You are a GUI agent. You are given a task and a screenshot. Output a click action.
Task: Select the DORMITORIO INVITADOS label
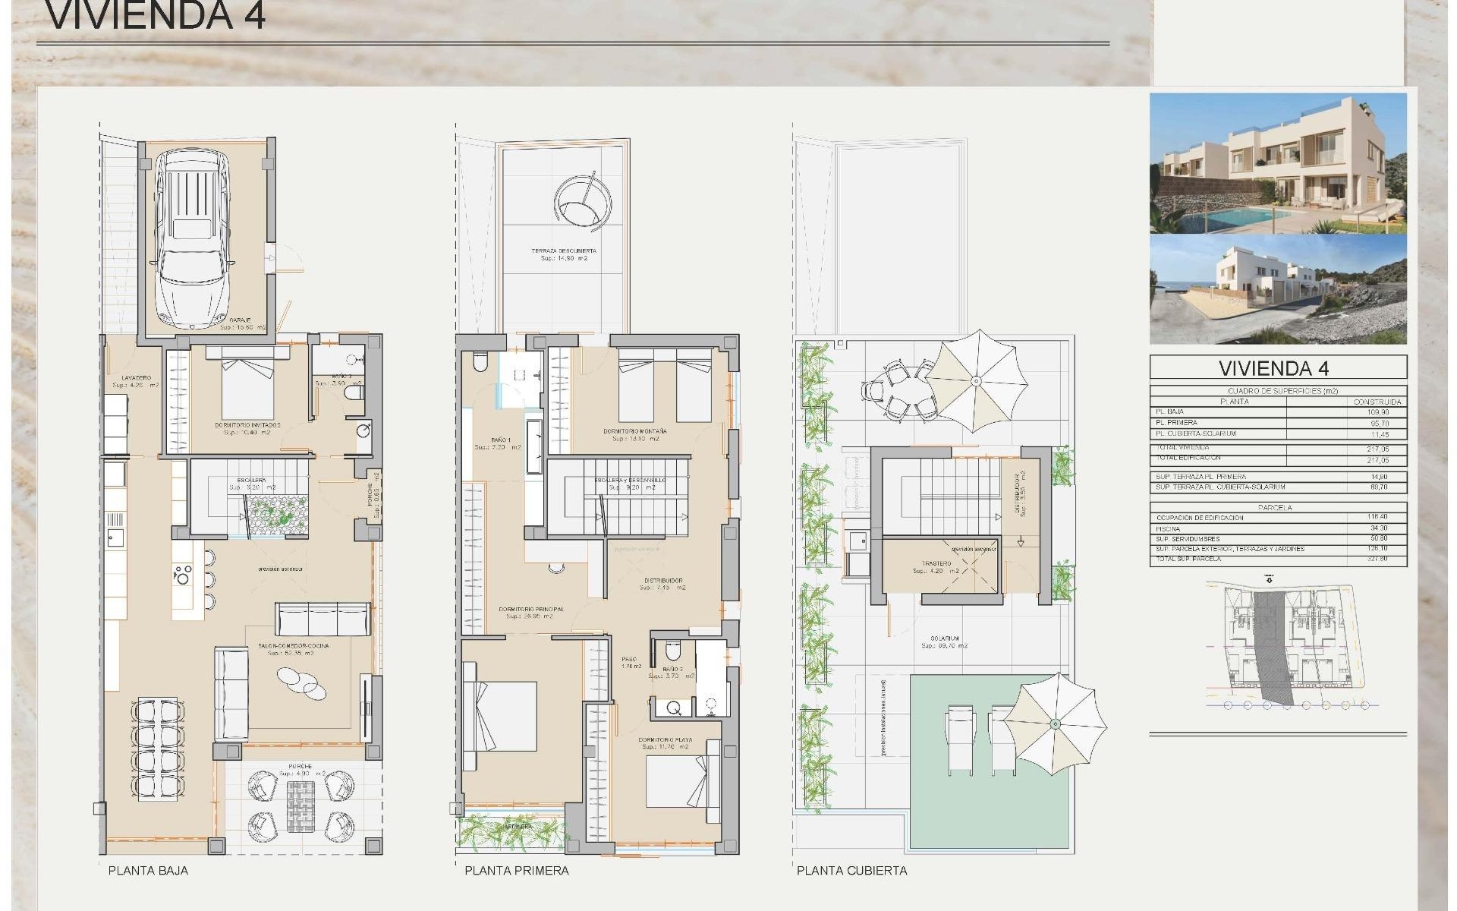[253, 425]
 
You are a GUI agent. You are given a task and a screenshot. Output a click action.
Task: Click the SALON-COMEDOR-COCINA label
[293, 646]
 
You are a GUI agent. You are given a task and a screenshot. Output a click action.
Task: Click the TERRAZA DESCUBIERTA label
[563, 251]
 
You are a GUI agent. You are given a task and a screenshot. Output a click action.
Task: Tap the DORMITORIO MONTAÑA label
[634, 431]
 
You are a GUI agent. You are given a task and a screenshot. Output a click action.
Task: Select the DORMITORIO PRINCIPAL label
[531, 610]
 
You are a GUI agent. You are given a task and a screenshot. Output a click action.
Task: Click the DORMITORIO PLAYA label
[665, 739]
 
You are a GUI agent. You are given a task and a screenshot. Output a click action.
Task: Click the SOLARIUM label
[946, 638]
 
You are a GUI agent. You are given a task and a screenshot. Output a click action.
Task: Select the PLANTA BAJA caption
[148, 870]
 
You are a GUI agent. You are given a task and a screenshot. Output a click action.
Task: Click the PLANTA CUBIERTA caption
[851, 870]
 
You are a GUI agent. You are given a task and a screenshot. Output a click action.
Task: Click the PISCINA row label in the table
[1169, 528]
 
